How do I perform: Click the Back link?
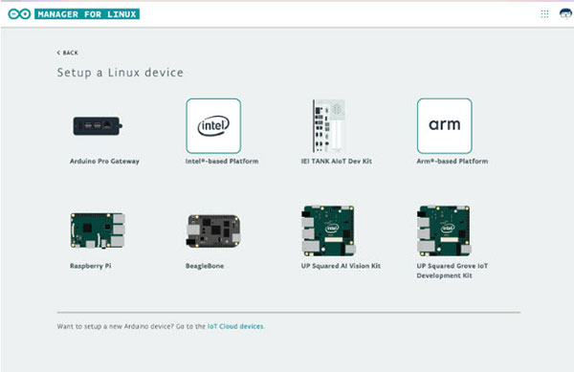[x=68, y=52]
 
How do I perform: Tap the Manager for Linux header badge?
[x=87, y=14]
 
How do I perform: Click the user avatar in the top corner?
[x=563, y=14]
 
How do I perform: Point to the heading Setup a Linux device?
[x=120, y=73]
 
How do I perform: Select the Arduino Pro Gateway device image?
[x=101, y=125]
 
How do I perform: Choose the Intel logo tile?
[x=212, y=125]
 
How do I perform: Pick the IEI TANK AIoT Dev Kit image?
[x=328, y=125]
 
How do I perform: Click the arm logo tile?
[x=444, y=125]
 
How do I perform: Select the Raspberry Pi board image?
[x=97, y=230]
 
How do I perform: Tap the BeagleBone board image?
[x=212, y=230]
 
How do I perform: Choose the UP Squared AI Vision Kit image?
[x=328, y=230]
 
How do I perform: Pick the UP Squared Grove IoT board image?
[x=444, y=230]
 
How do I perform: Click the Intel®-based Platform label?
[x=222, y=162]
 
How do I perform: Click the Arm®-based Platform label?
[x=453, y=162]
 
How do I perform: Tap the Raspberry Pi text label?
[x=92, y=266]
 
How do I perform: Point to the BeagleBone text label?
[x=206, y=266]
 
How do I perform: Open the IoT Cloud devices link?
[x=235, y=327]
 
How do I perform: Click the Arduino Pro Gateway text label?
[x=105, y=162]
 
